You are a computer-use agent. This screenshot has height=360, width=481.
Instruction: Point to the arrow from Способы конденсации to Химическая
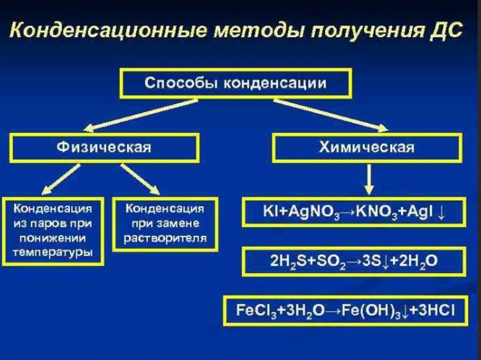coord(331,114)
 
